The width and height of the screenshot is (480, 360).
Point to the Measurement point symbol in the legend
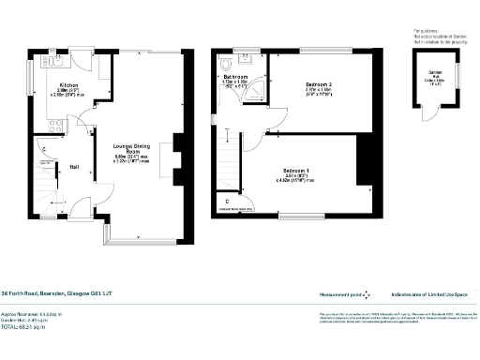(x=367, y=294)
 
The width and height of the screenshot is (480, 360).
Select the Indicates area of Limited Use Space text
(x=435, y=293)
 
